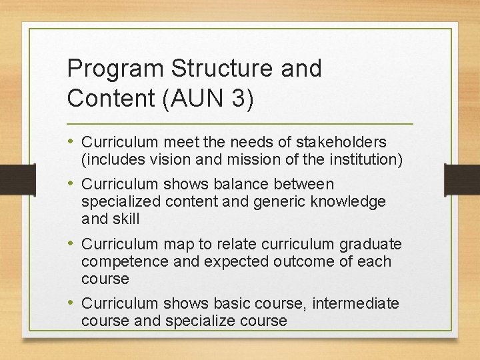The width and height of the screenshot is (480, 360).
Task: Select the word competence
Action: [x=123, y=261]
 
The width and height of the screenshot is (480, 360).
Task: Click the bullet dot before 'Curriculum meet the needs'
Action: [x=71, y=142]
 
